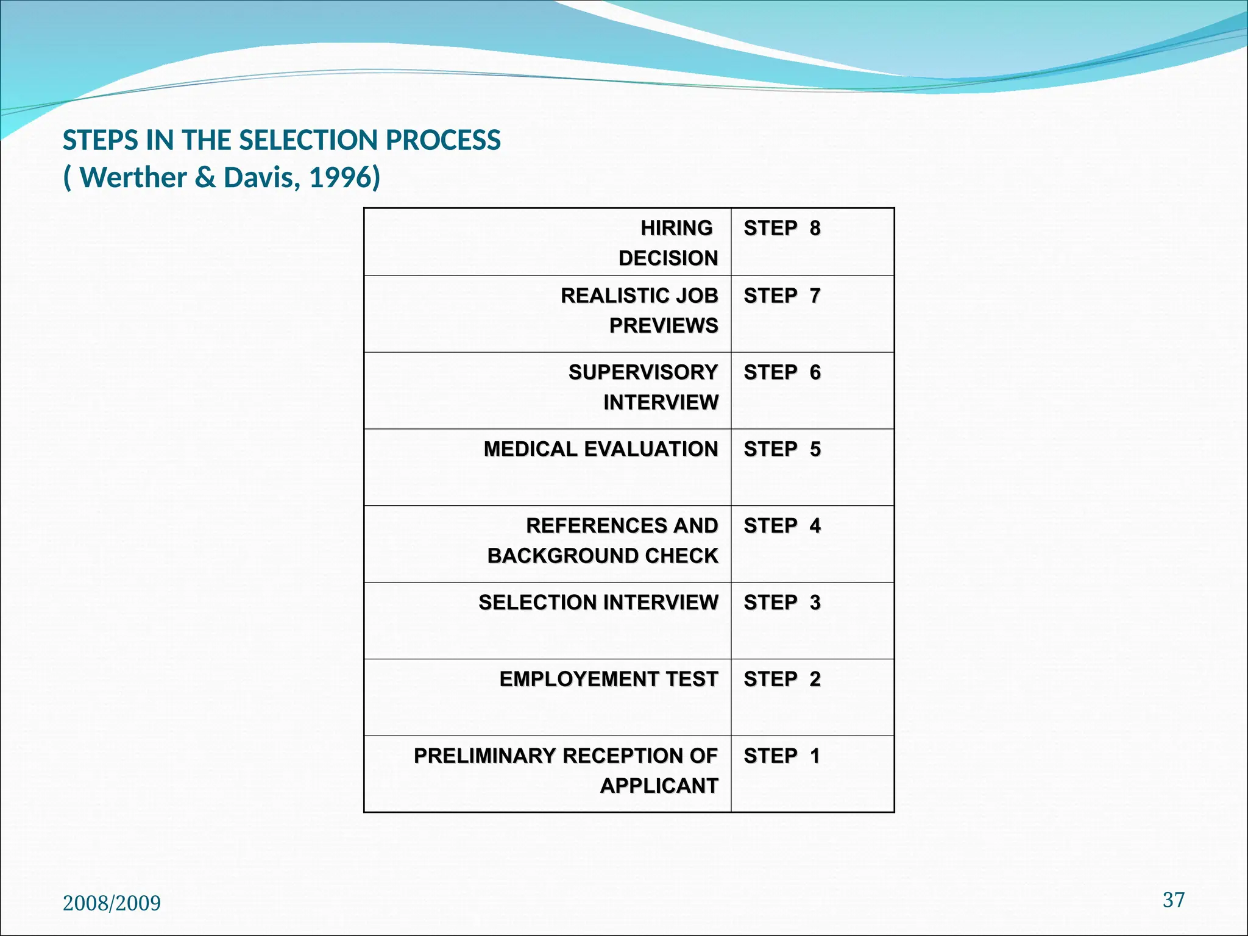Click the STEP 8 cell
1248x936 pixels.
tap(782, 229)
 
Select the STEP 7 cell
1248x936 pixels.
tap(782, 296)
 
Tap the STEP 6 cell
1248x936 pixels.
tap(782, 372)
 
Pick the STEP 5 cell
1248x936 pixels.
tap(782, 449)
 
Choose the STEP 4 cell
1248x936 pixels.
tap(782, 526)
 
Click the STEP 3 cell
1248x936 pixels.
tap(782, 603)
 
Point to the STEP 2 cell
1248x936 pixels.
tap(782, 679)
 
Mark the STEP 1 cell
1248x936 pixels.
tap(782, 756)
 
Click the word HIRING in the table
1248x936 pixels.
tap(676, 229)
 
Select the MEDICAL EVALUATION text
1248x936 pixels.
tap(601, 449)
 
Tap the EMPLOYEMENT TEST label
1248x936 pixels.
tap(609, 679)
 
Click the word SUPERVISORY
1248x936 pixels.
tap(643, 372)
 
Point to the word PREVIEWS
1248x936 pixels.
tap(664, 326)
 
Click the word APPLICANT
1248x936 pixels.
tap(659, 786)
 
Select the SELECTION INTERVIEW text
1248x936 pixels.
tap(598, 603)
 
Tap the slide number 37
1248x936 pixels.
tap(1174, 900)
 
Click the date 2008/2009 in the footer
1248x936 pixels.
tap(112, 903)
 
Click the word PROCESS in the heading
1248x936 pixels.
tap(443, 140)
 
